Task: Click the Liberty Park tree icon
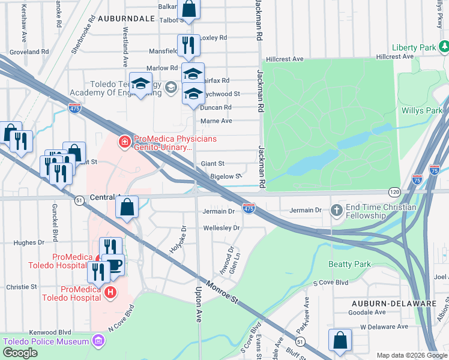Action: pos(444,46)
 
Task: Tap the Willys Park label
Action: pos(422,110)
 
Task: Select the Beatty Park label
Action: pos(349,264)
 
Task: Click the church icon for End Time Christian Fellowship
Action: pos(336,210)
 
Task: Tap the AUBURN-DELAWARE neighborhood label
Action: pos(394,303)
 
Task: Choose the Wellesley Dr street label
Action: pos(221,228)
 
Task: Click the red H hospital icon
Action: pos(110,292)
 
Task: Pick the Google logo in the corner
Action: pos(19,353)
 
